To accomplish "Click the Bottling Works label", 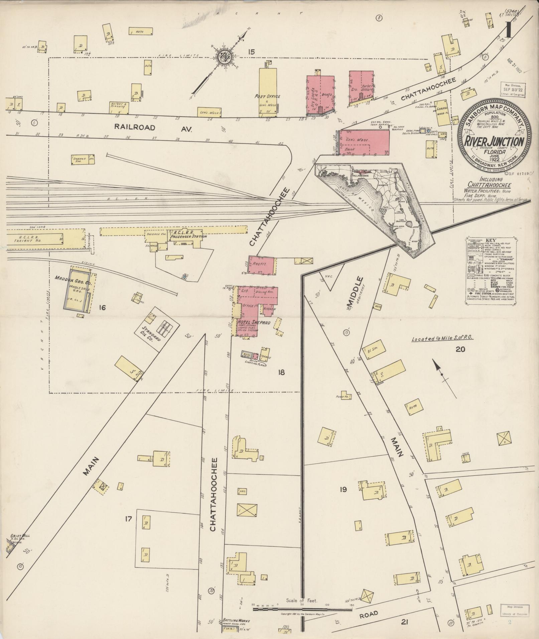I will click(x=236, y=621).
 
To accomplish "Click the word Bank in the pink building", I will click(x=350, y=149).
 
